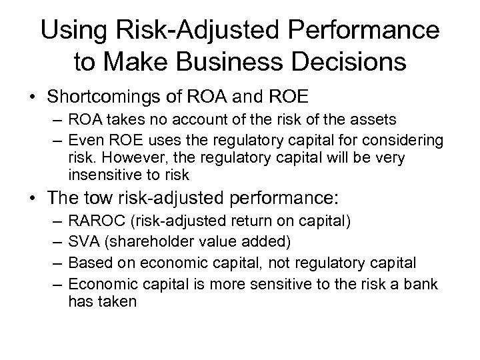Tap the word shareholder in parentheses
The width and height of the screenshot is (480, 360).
pyautogui.click(x=141, y=238)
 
